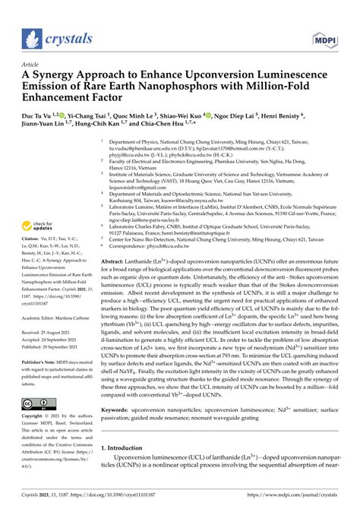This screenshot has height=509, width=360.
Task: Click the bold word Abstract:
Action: pyautogui.click(x=116, y=260)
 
